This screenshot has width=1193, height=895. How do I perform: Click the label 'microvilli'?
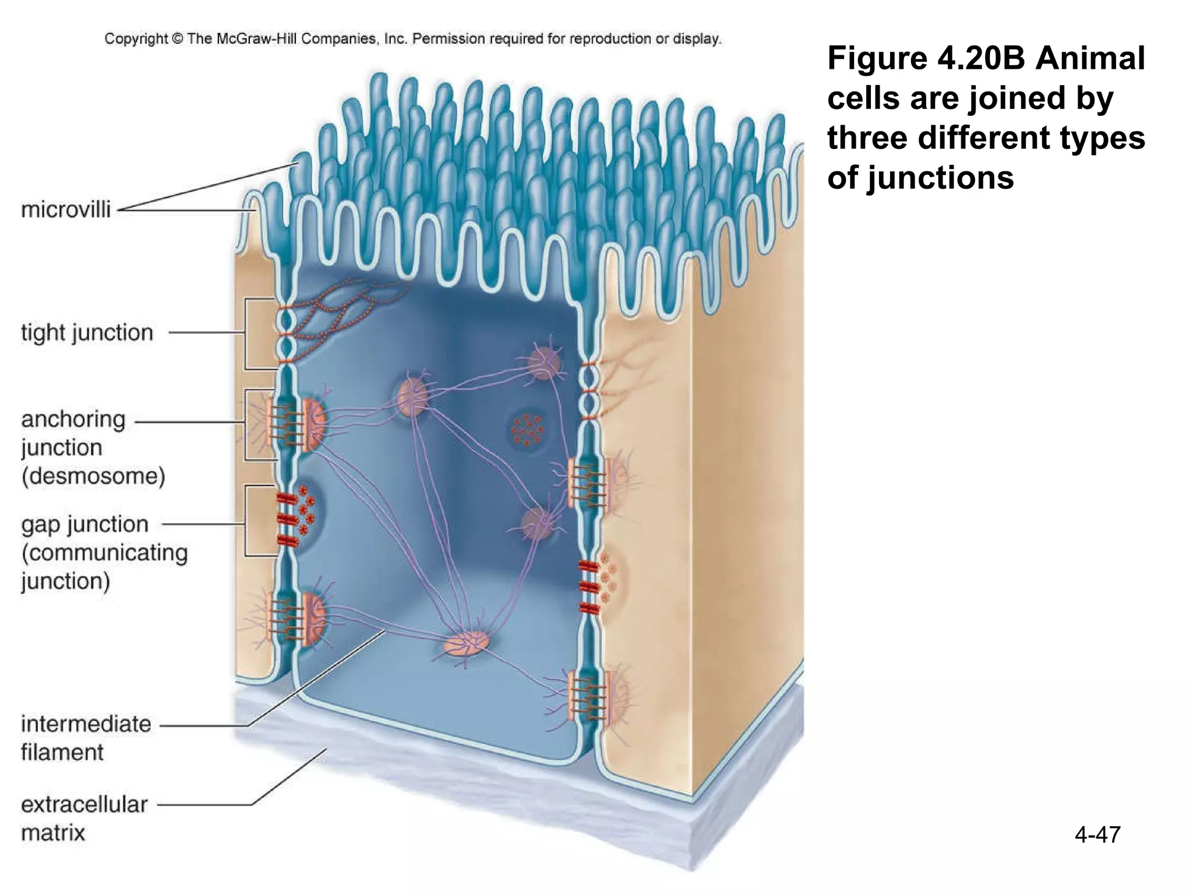[x=66, y=210]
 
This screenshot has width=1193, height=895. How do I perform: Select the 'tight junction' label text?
[x=87, y=333]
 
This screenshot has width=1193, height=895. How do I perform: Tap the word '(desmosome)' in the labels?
[x=93, y=476]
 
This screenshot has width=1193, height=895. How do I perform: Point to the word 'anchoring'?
[x=73, y=420]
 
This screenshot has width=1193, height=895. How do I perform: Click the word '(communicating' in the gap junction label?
[x=105, y=552]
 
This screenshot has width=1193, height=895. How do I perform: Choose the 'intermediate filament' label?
[x=86, y=738]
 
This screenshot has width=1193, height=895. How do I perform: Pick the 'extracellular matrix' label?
[x=84, y=818]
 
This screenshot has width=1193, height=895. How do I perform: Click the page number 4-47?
[x=1097, y=834]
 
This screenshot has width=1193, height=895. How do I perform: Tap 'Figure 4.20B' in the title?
[x=926, y=58]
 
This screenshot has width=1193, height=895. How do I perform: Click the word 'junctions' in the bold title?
[x=940, y=177]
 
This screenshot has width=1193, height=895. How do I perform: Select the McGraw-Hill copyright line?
[x=413, y=39]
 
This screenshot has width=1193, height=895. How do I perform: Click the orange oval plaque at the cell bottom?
[x=467, y=643]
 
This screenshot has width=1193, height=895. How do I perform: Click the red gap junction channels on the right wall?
[x=589, y=587]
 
